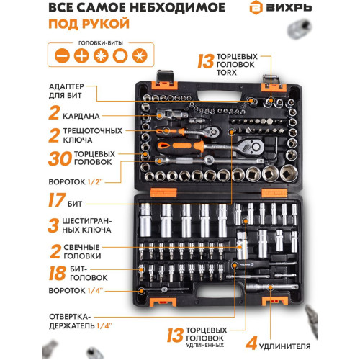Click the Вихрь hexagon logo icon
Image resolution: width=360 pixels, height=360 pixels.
pos(256,8)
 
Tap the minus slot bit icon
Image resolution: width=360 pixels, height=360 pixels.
pos(62,55)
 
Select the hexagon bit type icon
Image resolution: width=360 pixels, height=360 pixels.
pos(120,55)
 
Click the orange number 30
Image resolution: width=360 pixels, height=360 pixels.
pos(60,158)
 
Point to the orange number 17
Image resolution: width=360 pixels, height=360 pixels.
pos(57,200)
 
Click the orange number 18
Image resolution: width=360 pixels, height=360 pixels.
pos(57,273)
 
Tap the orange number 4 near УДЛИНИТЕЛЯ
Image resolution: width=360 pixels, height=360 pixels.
pos(251,343)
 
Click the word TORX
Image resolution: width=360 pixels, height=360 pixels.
pos(226,72)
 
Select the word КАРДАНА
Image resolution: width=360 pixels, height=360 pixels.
pos(81,116)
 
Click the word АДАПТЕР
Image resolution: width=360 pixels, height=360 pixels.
pos(66,86)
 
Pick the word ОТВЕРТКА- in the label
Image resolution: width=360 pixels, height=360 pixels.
pos(70,317)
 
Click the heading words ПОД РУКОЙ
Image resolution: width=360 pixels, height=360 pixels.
pos(89,24)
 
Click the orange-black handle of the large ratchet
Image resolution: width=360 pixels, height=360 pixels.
pos(181,147)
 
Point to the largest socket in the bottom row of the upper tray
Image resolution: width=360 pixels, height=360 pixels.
pos(289,174)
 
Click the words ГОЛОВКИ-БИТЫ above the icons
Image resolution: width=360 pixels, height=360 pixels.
pos(101,43)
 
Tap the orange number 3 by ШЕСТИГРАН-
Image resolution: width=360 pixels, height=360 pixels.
pos(53,225)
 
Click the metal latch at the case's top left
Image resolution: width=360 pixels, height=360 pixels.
pos(165,77)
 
